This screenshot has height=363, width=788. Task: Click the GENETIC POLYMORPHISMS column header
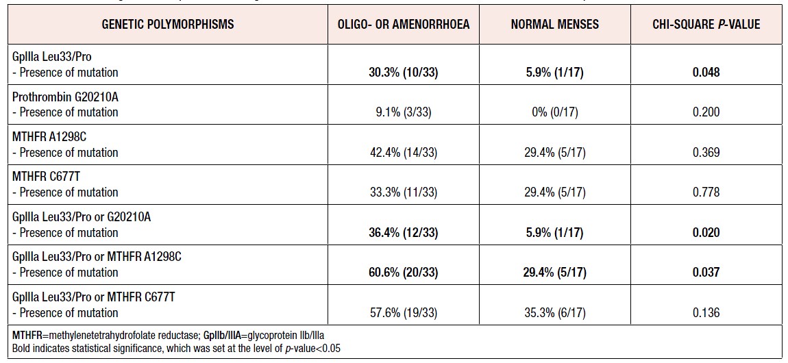click(168, 24)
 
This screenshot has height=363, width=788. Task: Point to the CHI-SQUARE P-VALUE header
click(706, 24)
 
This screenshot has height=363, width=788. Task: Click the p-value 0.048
click(706, 72)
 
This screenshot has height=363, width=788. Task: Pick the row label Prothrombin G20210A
click(65, 97)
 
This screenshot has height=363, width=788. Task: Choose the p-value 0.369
click(706, 152)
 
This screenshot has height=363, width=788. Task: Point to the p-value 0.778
click(706, 192)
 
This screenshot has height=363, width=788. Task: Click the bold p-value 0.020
click(706, 232)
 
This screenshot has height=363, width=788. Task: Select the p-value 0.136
click(706, 312)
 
